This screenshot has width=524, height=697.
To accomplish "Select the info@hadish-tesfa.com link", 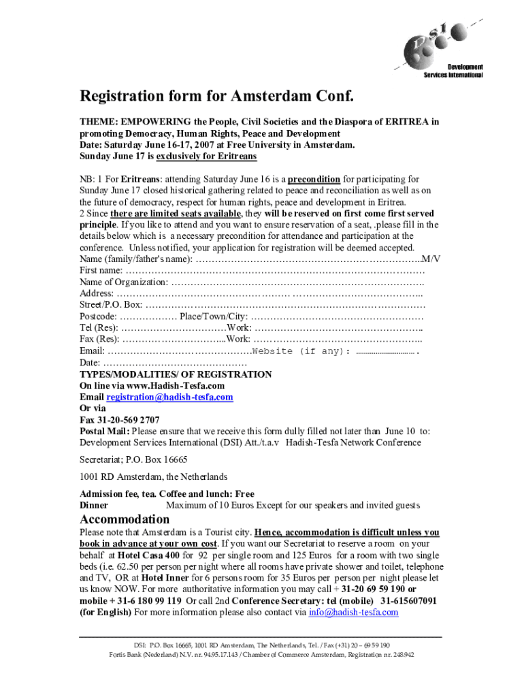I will [353, 612].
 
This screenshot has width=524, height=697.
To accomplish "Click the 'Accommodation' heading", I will [125, 519].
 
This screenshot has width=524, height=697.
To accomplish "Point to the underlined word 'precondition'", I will [314, 179].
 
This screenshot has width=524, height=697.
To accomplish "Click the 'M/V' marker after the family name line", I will [431, 259].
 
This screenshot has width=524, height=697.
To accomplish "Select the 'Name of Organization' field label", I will [123, 282].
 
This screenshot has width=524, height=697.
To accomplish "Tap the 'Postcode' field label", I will [98, 317].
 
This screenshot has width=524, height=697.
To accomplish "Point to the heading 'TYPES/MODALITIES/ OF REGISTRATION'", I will [176, 374].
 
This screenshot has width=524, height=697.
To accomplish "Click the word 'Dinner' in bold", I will [94, 505].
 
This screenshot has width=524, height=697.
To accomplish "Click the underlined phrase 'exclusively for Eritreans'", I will [206, 156].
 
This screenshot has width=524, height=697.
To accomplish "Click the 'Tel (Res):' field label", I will [99, 328].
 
